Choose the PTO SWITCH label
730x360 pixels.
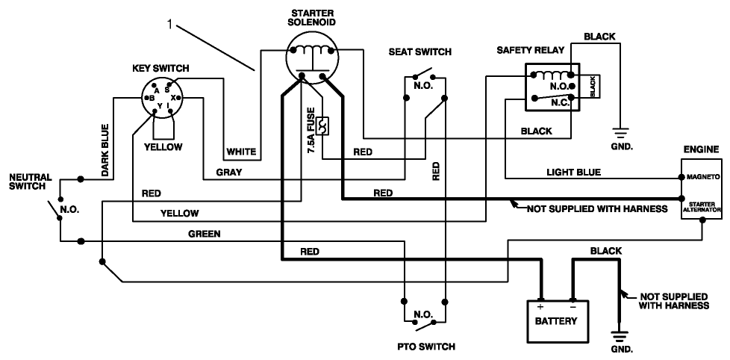point(425,347)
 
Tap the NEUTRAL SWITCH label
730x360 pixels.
point(30,181)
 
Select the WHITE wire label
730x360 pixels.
point(241,152)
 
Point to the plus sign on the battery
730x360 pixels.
point(539,306)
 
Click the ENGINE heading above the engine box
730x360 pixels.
point(701,150)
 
